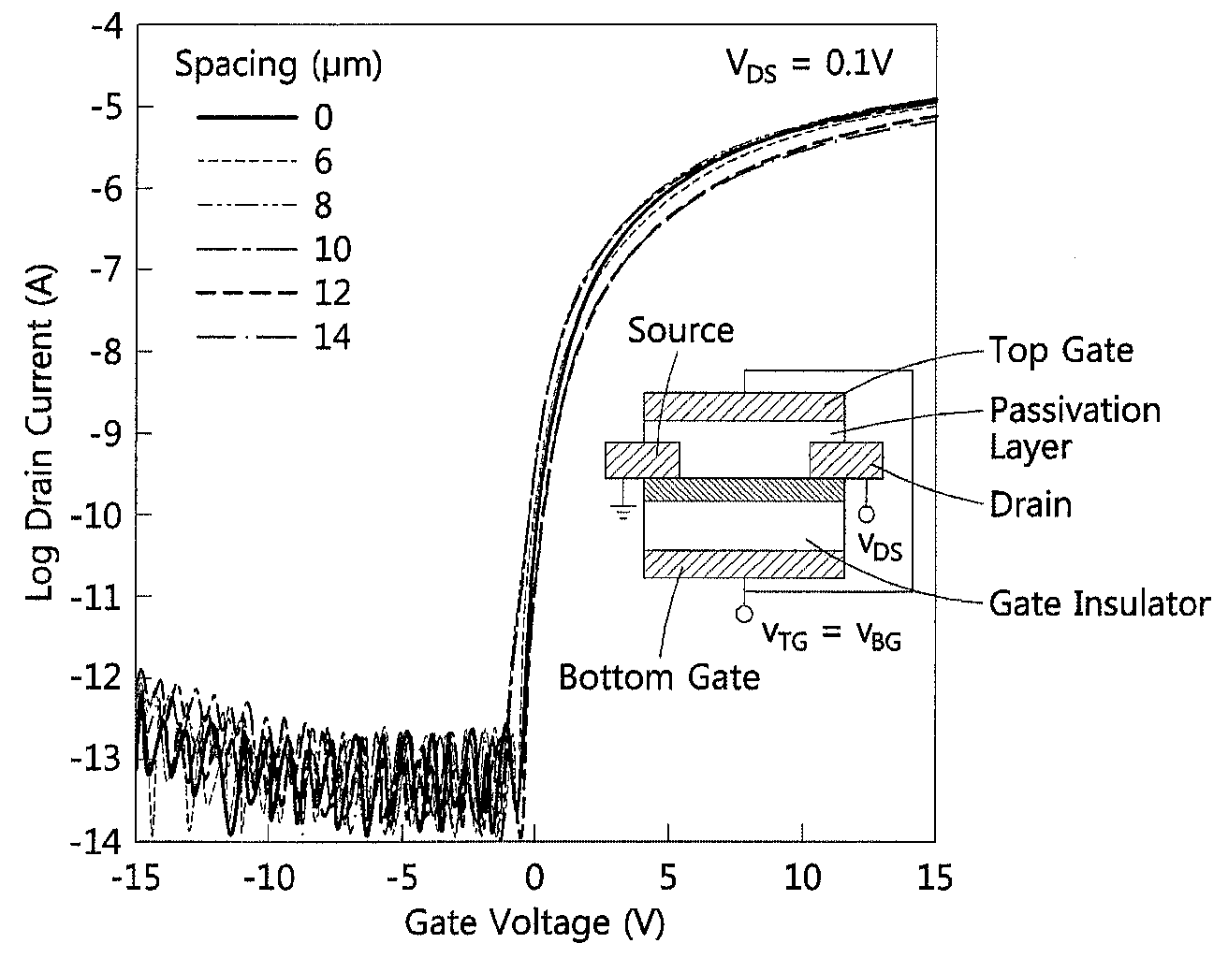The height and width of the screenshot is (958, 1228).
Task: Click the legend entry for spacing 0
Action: point(266,117)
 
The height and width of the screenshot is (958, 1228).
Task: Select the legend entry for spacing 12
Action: point(273,293)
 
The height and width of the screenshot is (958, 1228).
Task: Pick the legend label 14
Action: point(332,337)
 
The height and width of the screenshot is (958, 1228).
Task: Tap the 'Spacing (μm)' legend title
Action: point(278,65)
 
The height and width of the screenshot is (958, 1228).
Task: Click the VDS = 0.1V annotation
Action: point(810,65)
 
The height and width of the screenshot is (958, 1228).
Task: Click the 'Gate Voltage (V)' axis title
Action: point(534,924)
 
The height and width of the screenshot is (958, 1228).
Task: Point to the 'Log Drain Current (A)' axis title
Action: point(40,432)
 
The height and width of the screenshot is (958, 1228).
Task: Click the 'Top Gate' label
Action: point(1061,350)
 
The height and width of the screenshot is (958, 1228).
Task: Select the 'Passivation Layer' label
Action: point(1074,428)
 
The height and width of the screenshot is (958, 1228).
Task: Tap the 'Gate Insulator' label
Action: point(1100,603)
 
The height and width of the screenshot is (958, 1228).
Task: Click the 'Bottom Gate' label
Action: point(659,676)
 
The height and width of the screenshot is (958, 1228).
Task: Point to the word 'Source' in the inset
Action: point(680,330)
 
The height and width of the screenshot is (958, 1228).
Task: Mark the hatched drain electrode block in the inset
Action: point(846,459)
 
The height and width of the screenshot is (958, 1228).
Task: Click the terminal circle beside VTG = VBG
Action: point(744,614)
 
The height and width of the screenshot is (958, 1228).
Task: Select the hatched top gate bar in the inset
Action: point(744,407)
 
